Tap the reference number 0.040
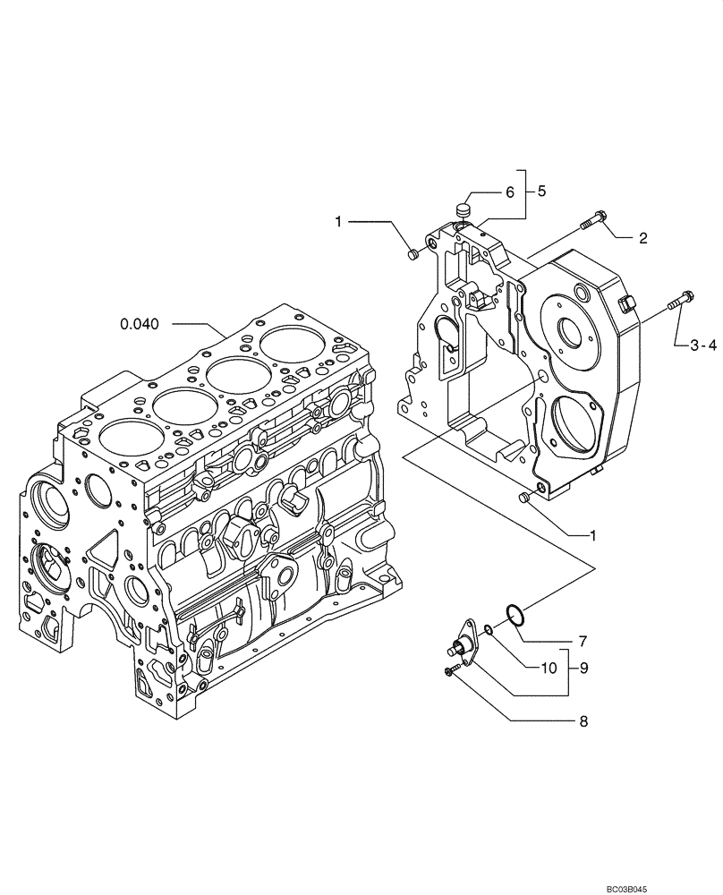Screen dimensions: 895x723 coord(140,324)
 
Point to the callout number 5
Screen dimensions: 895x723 coord(540,191)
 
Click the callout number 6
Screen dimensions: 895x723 coord(509,192)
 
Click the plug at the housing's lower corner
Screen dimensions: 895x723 coord(526,497)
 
